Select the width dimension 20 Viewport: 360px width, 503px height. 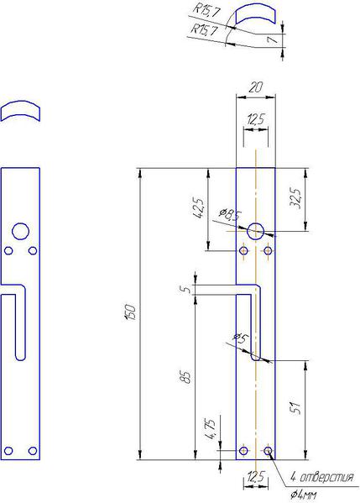point(255,87)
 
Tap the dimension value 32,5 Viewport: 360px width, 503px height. point(296,198)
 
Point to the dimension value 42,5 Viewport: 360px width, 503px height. point(198,208)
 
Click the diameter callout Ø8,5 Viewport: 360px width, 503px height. point(230,214)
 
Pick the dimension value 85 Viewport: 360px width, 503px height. point(187,377)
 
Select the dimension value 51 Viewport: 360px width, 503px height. point(296,408)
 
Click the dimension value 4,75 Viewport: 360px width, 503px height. point(211,429)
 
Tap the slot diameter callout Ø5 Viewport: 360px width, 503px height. point(242,338)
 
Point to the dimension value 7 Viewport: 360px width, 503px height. point(273,39)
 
